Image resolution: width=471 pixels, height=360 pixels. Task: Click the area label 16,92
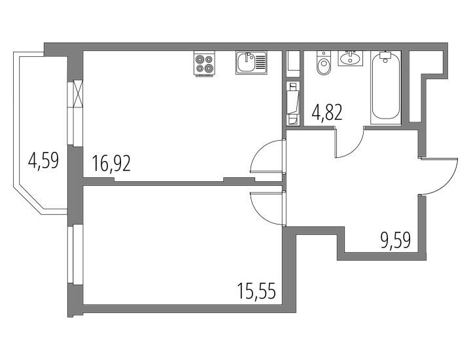tap(111, 164)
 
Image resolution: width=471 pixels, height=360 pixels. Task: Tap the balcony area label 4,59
tap(43, 160)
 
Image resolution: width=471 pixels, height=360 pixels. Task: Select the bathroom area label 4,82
tap(328, 113)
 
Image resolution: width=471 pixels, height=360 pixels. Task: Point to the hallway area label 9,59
tap(396, 240)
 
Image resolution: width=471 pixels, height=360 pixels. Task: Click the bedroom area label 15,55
tap(256, 291)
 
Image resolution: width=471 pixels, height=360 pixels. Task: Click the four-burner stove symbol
tap(205, 64)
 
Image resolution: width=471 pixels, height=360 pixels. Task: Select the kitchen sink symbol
tap(251, 63)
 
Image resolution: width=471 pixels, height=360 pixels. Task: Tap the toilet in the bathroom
tap(323, 63)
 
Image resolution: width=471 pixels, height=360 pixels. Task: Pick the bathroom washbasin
tap(351, 58)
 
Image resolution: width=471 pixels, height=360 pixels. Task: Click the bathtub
tap(386, 88)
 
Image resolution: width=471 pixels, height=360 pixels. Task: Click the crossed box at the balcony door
tap(77, 94)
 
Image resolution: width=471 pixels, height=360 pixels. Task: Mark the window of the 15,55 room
tap(71, 254)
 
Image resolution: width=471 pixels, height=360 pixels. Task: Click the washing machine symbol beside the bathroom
tap(293, 103)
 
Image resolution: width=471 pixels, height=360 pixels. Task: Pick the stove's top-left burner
tap(199, 60)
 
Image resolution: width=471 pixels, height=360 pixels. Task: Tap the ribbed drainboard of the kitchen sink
tap(261, 63)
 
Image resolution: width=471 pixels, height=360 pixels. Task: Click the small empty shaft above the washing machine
tap(293, 62)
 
